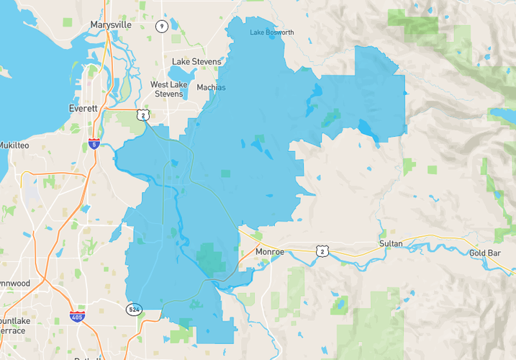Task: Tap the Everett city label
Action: (83, 108)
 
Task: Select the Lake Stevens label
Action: (196, 62)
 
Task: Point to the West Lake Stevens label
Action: (169, 89)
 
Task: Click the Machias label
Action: (210, 88)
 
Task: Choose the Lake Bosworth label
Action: (272, 33)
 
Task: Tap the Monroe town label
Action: (270, 252)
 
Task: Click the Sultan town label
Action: (391, 245)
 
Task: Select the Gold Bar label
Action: (484, 253)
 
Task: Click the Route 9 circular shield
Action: (162, 27)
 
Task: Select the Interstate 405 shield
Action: (76, 316)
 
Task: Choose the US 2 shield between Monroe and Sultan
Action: (321, 251)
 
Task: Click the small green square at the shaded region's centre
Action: (226, 174)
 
